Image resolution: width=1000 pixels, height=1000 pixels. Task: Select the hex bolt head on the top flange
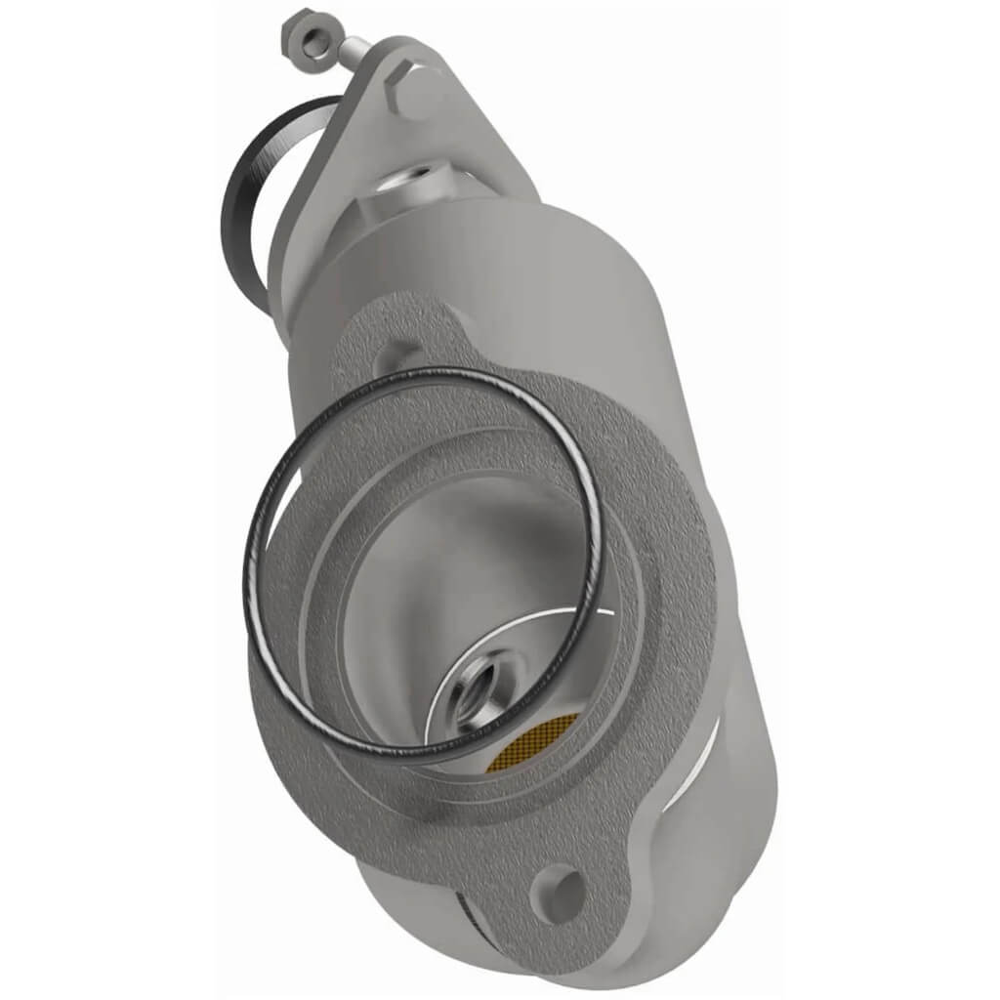(413, 91)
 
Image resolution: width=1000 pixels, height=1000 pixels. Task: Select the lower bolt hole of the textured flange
(558, 890)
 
